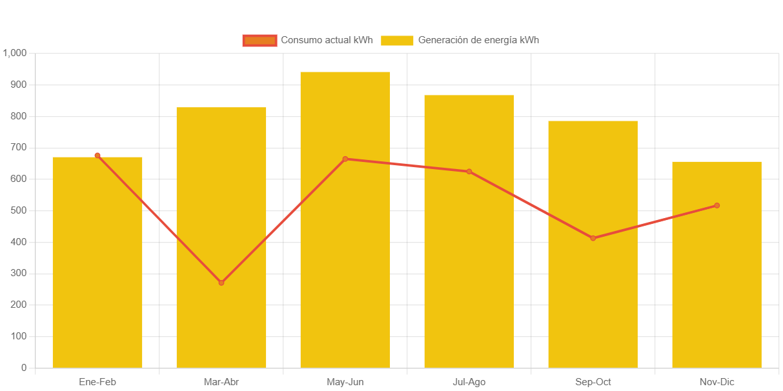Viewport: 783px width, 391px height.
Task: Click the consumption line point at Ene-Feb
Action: pos(97,155)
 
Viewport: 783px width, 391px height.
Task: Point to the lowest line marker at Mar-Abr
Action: pos(221,283)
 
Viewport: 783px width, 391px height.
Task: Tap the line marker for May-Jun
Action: pos(345,159)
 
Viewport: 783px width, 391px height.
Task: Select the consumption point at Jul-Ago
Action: pos(469,172)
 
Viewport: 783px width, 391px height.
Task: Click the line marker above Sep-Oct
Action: pos(593,238)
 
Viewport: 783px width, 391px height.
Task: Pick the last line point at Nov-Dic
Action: pos(717,206)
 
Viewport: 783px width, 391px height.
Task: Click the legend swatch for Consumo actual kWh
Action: pos(259,40)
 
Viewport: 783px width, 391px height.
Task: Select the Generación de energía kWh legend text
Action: pos(478,40)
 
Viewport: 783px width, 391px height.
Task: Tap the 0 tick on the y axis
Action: pos(24,368)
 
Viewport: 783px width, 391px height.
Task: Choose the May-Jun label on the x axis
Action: pos(345,382)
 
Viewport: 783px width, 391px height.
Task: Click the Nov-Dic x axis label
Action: pos(717,382)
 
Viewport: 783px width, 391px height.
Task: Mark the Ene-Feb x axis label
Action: pos(97,382)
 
